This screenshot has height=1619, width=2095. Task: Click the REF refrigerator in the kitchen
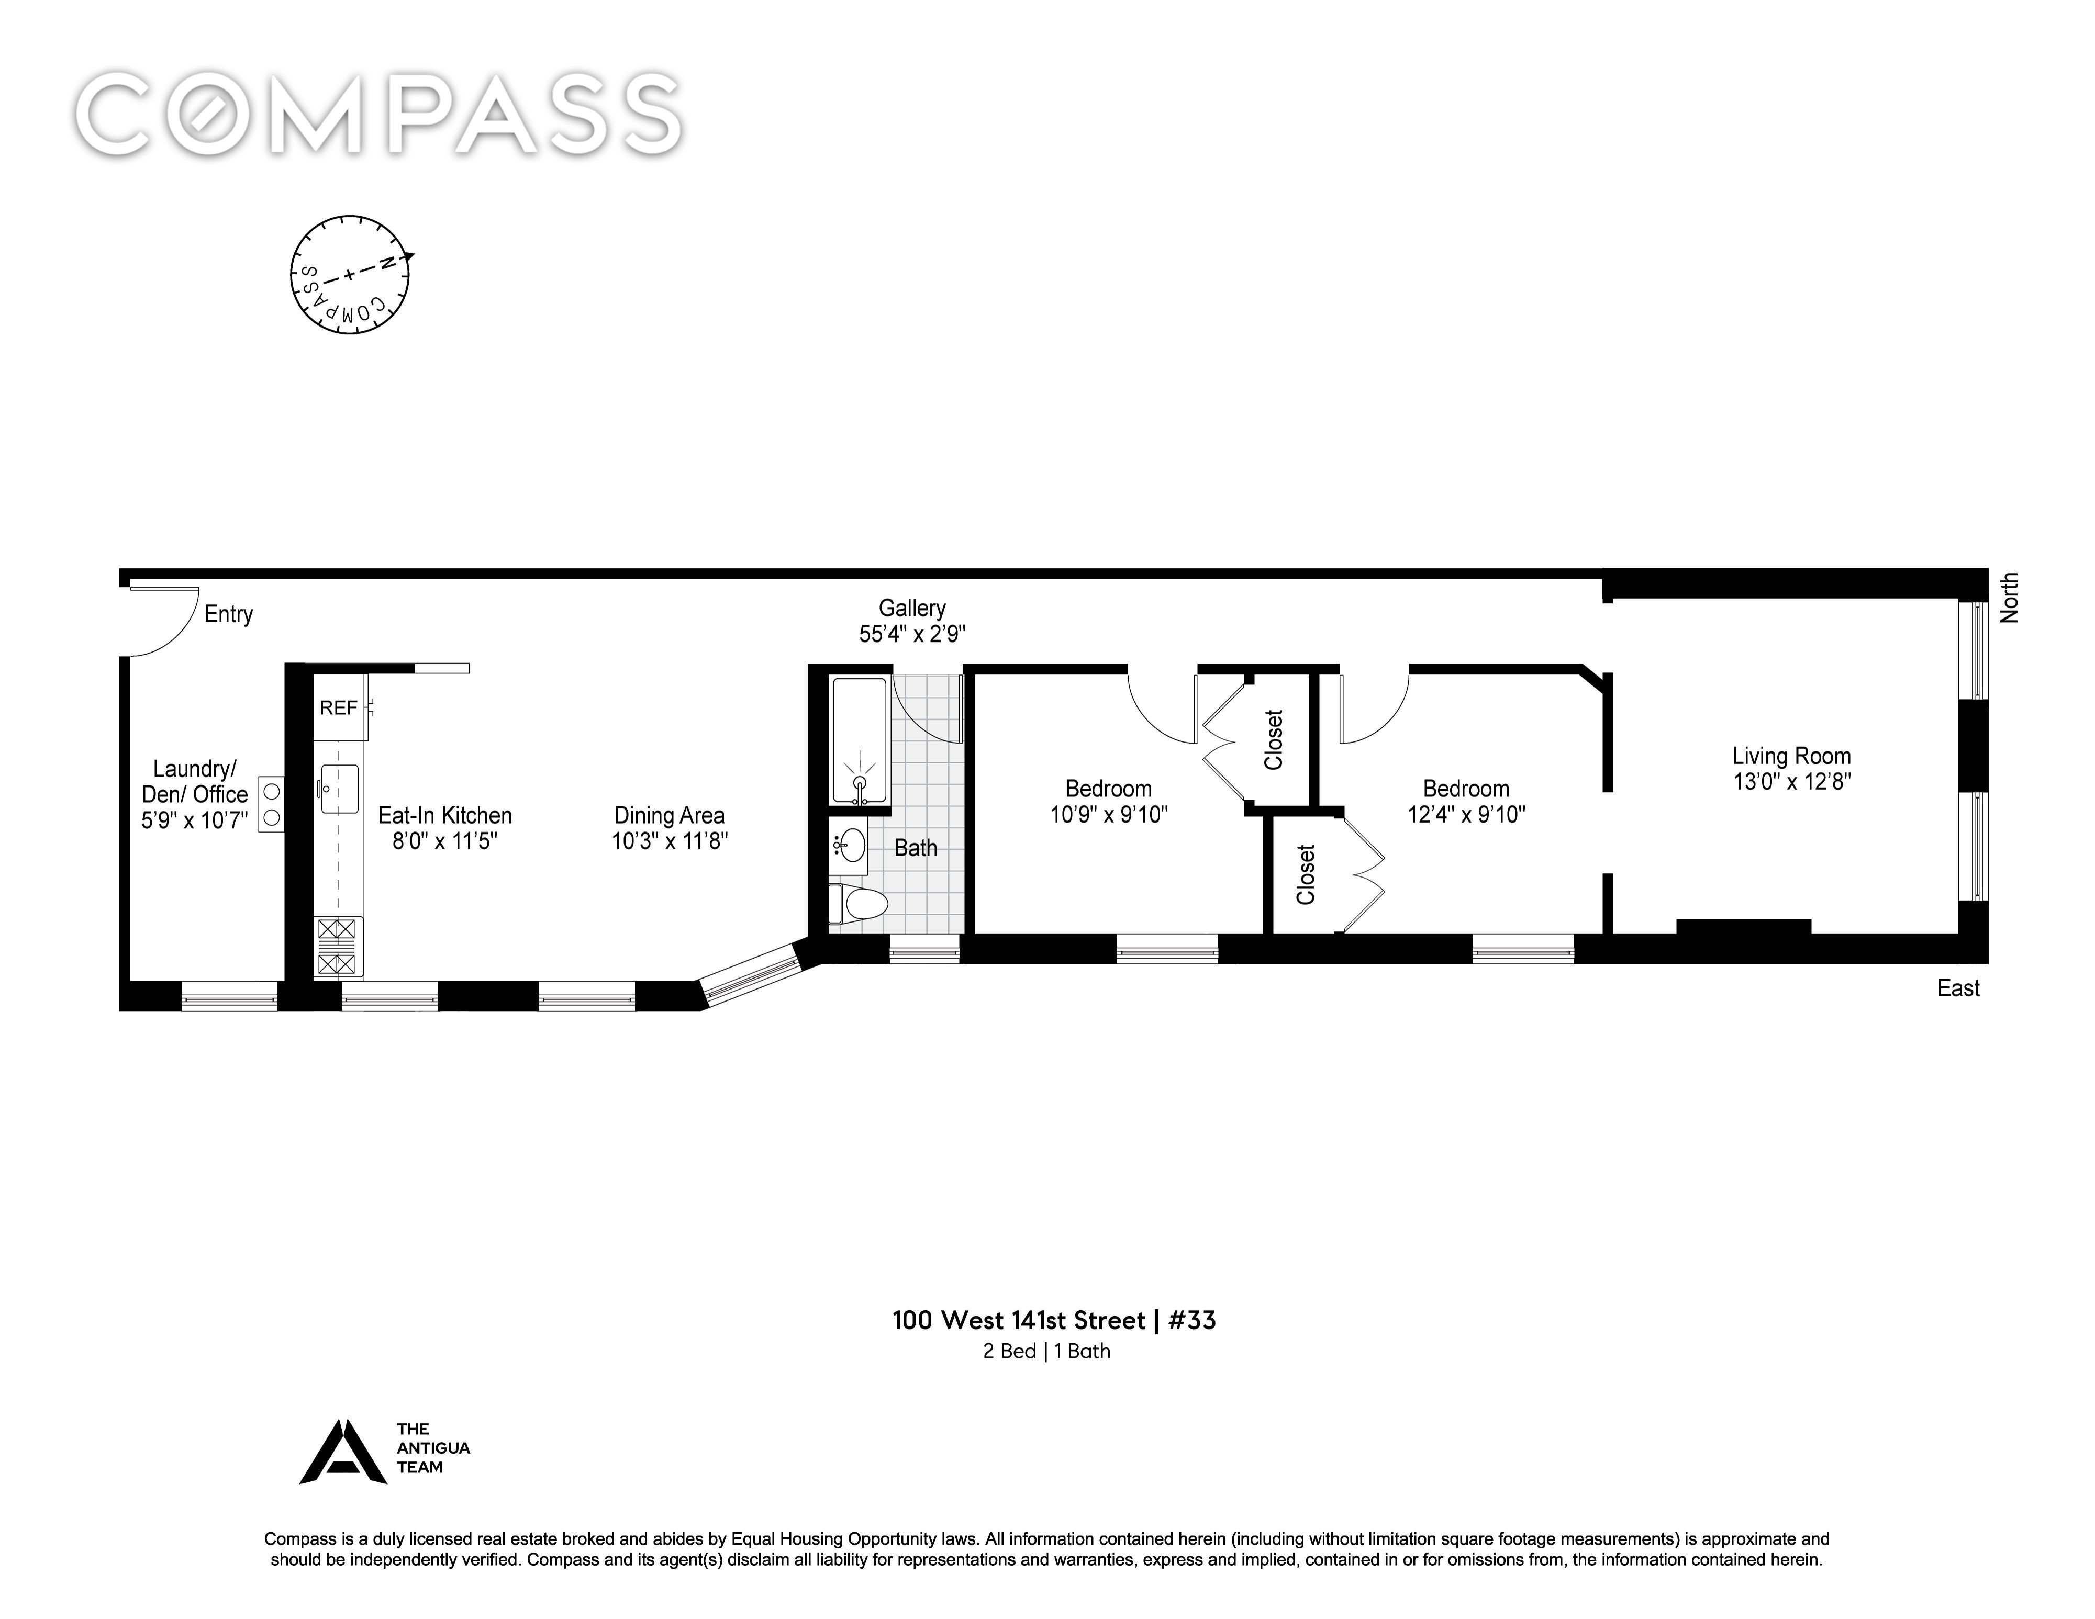pyautogui.click(x=340, y=708)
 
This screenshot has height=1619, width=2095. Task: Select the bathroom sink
pyautogui.click(x=849, y=847)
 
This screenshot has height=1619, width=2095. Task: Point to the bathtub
pyautogui.click(x=860, y=740)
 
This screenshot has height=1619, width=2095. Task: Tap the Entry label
pyautogui.click(x=228, y=614)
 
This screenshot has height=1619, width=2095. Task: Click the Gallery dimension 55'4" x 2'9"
pyautogui.click(x=912, y=634)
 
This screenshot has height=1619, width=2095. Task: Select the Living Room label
pyautogui.click(x=1791, y=756)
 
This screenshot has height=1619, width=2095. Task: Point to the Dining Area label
pyautogui.click(x=670, y=815)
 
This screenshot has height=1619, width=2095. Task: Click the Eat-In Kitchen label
pyautogui.click(x=445, y=815)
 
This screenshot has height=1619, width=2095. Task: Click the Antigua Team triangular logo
pyautogui.click(x=343, y=1451)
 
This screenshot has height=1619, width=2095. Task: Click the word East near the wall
pyautogui.click(x=1958, y=989)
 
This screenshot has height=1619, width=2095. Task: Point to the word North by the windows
pyautogui.click(x=2010, y=598)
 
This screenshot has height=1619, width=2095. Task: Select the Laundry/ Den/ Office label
pyautogui.click(x=195, y=794)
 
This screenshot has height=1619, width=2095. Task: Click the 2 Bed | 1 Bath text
pyautogui.click(x=1046, y=1352)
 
